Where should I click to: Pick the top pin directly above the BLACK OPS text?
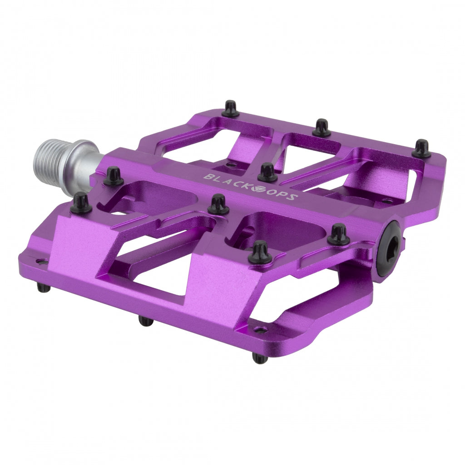(x=267, y=173)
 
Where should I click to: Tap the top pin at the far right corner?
(x=421, y=148)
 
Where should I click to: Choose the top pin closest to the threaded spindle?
(x=113, y=176)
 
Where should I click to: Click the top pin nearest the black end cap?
(x=338, y=234)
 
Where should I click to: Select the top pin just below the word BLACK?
(x=218, y=204)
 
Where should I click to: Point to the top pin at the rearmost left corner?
(x=230, y=109)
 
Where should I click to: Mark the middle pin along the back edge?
(x=322, y=128)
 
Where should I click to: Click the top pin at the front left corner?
(x=81, y=203)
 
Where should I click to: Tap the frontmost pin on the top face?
(x=262, y=252)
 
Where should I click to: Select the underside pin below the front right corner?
(x=260, y=358)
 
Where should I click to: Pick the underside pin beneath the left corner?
(x=43, y=287)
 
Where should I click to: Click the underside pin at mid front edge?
(x=145, y=321)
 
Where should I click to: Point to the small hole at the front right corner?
(x=259, y=330)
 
